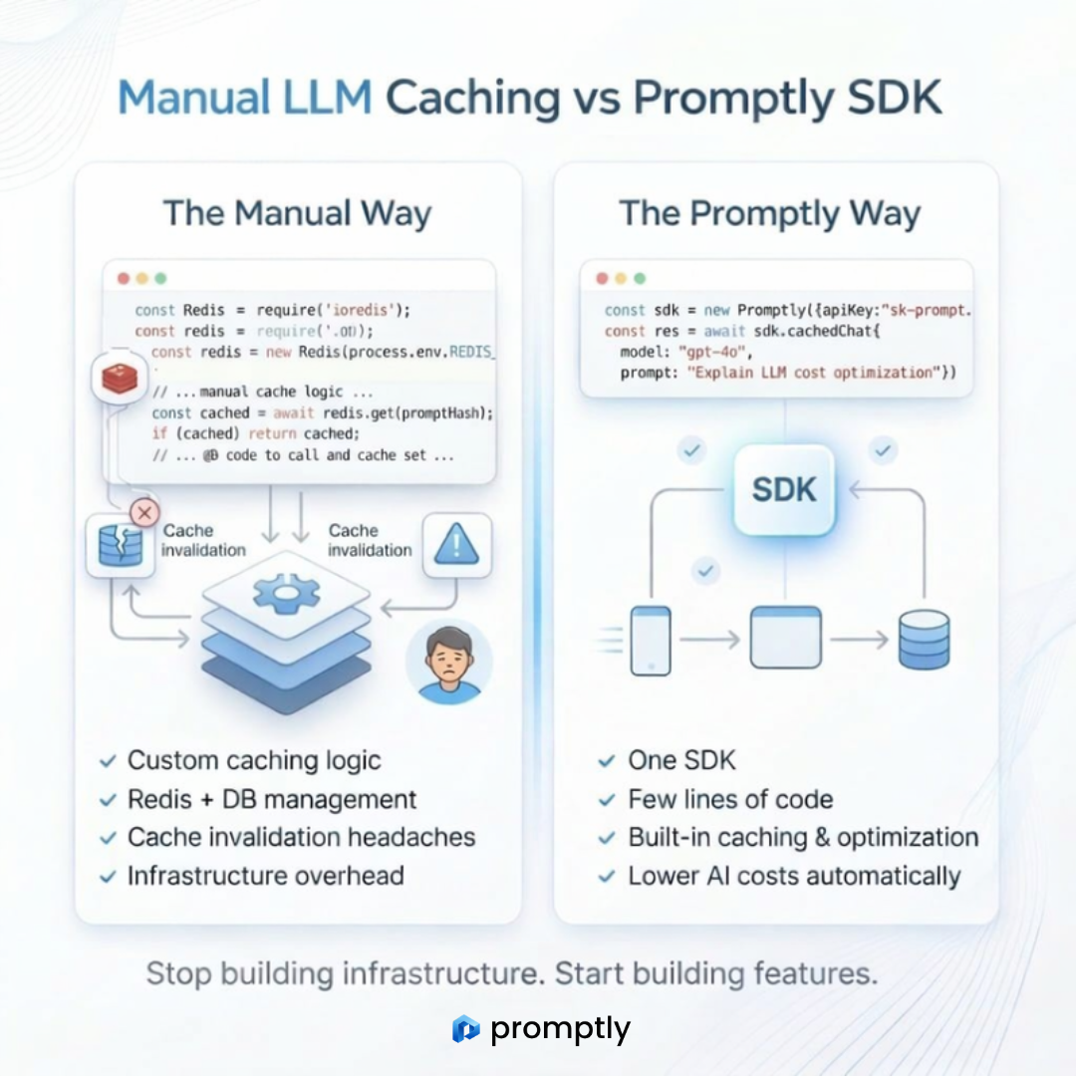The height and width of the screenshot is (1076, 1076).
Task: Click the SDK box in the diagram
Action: pos(785,489)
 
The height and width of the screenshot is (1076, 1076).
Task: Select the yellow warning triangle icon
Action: pos(457,545)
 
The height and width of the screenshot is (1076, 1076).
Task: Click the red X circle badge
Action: pos(145,513)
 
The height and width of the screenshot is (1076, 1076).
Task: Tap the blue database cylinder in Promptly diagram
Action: pos(924,639)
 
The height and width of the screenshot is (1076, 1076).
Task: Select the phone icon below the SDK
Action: pos(651,640)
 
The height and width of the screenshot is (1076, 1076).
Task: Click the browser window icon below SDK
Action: pos(785,638)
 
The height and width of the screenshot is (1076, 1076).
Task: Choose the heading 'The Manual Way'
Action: pos(297,213)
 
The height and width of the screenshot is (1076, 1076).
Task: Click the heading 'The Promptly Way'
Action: pos(769,213)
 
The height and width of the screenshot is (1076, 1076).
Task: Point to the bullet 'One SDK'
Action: pos(681,761)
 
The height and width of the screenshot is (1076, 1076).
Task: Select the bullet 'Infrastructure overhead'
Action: pos(265,876)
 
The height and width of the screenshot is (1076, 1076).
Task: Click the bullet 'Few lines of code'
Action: pos(730,799)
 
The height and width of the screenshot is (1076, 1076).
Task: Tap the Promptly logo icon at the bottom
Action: pos(465,1028)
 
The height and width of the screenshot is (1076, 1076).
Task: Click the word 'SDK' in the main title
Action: pos(889,99)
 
